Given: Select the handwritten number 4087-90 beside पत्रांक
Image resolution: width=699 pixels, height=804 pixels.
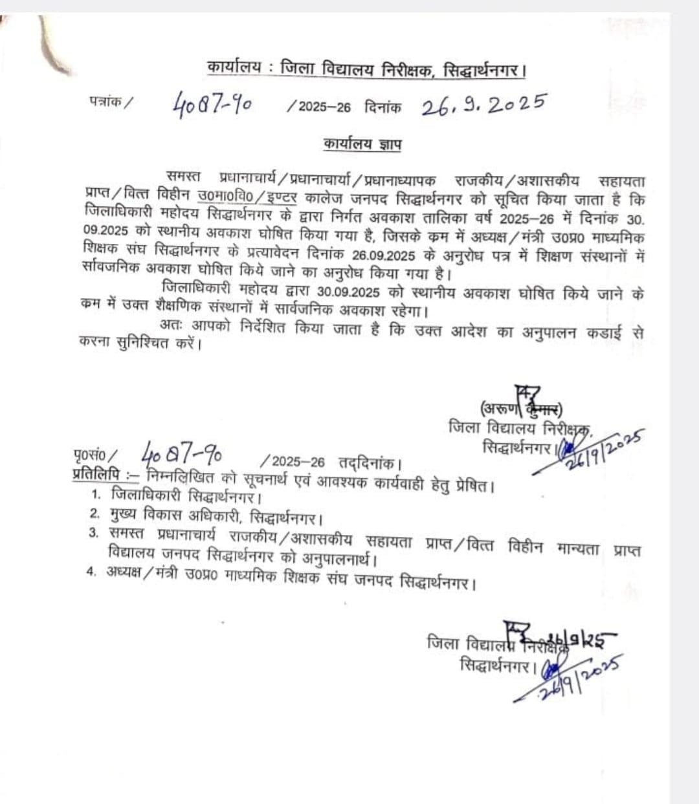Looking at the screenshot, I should pos(212,103).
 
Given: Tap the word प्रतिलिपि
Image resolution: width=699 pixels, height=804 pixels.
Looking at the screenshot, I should pos(96,475).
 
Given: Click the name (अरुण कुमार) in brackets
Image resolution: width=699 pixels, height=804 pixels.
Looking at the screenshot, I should pos(520,408).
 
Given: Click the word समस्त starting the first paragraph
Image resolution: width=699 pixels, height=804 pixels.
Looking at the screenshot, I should pos(183,177).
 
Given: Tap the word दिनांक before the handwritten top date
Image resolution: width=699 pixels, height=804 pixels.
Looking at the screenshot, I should pos(383,106).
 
